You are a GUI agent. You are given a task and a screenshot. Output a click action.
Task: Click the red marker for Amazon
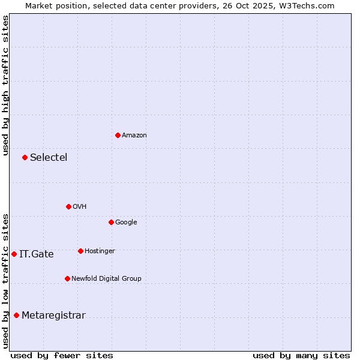(x=118, y=135)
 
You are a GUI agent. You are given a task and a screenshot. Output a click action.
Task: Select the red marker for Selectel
(x=25, y=157)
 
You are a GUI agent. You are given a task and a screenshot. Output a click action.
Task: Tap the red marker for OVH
(x=68, y=206)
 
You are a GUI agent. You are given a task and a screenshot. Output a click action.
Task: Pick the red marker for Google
(x=111, y=222)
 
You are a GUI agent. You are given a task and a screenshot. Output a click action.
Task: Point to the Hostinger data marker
(x=80, y=251)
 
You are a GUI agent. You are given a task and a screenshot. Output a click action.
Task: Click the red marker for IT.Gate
(x=14, y=254)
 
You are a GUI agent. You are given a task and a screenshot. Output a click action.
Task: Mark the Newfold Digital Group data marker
(x=67, y=278)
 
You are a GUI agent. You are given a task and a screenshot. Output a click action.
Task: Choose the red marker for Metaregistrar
(x=16, y=315)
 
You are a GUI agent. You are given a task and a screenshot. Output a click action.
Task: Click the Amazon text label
(x=134, y=136)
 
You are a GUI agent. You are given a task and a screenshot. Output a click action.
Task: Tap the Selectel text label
(x=49, y=158)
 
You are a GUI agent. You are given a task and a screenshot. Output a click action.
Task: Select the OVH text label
(x=80, y=207)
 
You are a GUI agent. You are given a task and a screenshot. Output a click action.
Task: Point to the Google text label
(x=126, y=223)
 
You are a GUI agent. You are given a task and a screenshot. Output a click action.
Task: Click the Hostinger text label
(x=100, y=251)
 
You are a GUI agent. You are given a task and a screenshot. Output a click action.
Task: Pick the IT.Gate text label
(x=37, y=254)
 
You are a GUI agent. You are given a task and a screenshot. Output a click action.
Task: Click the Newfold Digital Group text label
(x=106, y=279)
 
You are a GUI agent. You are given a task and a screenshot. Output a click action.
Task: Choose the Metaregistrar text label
(x=53, y=316)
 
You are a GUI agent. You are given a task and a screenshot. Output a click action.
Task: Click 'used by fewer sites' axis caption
(x=62, y=355)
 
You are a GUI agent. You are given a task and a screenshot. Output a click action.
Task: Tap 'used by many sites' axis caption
(x=301, y=355)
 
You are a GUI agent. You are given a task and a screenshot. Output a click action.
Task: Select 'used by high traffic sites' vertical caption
(x=5, y=85)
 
